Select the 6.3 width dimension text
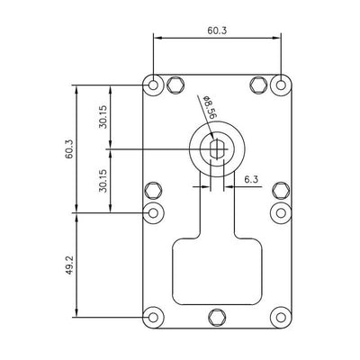(x=251, y=181)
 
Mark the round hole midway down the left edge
(x=153, y=212)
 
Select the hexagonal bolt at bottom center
(x=217, y=316)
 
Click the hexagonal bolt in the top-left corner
(x=175, y=85)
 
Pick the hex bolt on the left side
(x=153, y=191)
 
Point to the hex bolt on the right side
(x=281, y=191)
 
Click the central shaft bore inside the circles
(x=217, y=148)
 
